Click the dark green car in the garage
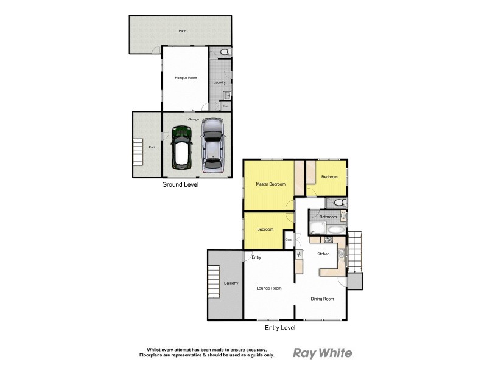pyautogui.click(x=180, y=147)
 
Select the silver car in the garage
pyautogui.click(x=212, y=145)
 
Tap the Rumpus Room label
pyautogui.click(x=186, y=78)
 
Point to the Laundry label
pyautogui.click(x=220, y=82)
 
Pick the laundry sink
pyautogui.click(x=226, y=95)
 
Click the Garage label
pyautogui.click(x=194, y=119)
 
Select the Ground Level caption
pyautogui.click(x=180, y=184)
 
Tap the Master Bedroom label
pyautogui.click(x=270, y=184)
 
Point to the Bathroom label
pyautogui.click(x=328, y=217)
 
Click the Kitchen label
pyautogui.click(x=323, y=254)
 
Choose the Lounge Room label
pyautogui.click(x=268, y=288)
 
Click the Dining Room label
pyautogui.click(x=322, y=299)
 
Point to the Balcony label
pyautogui.click(x=231, y=283)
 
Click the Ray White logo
pyautogui.click(x=323, y=353)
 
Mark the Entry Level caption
pyautogui.click(x=280, y=328)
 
